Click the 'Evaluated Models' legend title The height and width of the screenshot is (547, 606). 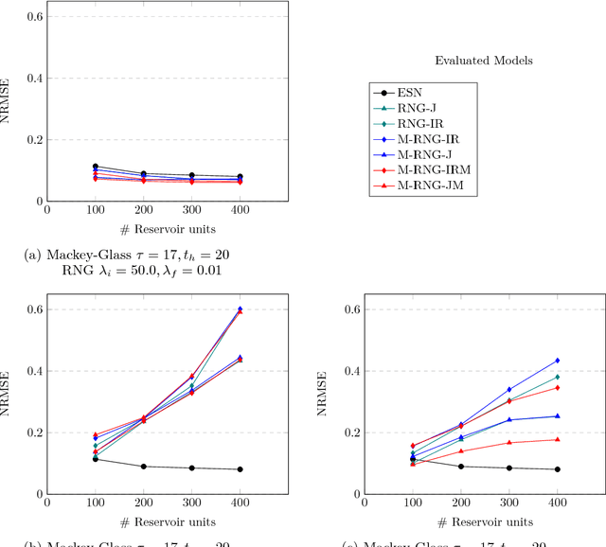pos(483,61)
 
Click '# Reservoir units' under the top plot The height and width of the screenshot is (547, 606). pos(167,230)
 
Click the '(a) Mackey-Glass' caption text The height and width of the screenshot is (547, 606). pos(127,255)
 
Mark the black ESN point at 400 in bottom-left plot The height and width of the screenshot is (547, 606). pos(239,469)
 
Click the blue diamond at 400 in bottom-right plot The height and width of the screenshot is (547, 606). pos(557,361)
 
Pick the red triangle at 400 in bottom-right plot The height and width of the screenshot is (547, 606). pos(557,439)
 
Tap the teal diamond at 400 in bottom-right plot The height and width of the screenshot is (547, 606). pos(557,377)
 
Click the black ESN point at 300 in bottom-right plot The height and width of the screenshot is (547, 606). pos(509,468)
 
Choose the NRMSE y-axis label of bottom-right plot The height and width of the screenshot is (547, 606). pos(329,401)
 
